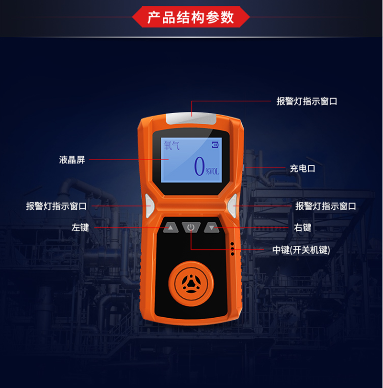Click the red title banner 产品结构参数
click(x=191, y=17)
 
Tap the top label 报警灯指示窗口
click(x=307, y=101)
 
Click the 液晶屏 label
click(x=72, y=160)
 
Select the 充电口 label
click(x=303, y=169)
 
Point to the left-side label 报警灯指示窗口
click(x=56, y=206)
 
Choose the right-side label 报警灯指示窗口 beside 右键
click(x=326, y=206)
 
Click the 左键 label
click(x=80, y=227)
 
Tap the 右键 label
click(x=303, y=227)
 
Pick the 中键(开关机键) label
click(x=301, y=250)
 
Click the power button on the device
click(x=191, y=227)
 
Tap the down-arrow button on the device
click(x=212, y=227)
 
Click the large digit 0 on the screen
click(x=199, y=166)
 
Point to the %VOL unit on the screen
click(x=213, y=172)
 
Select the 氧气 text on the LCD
click(x=171, y=145)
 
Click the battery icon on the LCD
click(x=215, y=145)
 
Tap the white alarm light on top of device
click(x=191, y=119)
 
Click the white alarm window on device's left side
click(x=149, y=206)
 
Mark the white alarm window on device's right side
click(x=232, y=206)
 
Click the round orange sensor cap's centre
click(x=191, y=283)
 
